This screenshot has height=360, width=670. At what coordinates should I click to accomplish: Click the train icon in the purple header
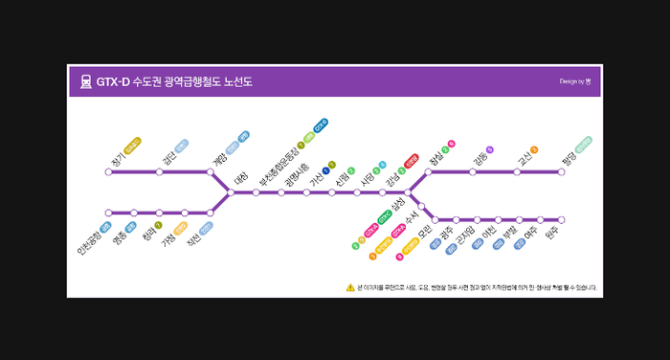pos(85,82)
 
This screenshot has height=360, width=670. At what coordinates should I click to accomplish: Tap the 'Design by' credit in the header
pos(575,82)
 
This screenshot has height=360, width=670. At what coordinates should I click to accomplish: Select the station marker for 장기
pos(108,172)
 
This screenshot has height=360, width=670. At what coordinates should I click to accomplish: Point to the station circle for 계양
pos(211,172)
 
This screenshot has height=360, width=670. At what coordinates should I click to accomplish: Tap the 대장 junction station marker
pos(231,192)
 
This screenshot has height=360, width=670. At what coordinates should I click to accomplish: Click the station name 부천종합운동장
pos(266,164)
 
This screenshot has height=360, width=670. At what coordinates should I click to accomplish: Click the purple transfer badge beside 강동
pos(490,149)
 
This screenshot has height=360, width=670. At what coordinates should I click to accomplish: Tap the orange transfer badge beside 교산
pos(534,149)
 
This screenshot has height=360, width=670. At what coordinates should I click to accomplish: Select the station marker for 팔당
pos(562,172)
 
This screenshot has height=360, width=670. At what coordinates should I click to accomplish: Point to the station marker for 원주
pos(562,220)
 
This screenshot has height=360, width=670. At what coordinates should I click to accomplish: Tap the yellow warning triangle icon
pos(350,286)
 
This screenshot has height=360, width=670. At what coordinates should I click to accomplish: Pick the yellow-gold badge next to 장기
pos(133,145)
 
